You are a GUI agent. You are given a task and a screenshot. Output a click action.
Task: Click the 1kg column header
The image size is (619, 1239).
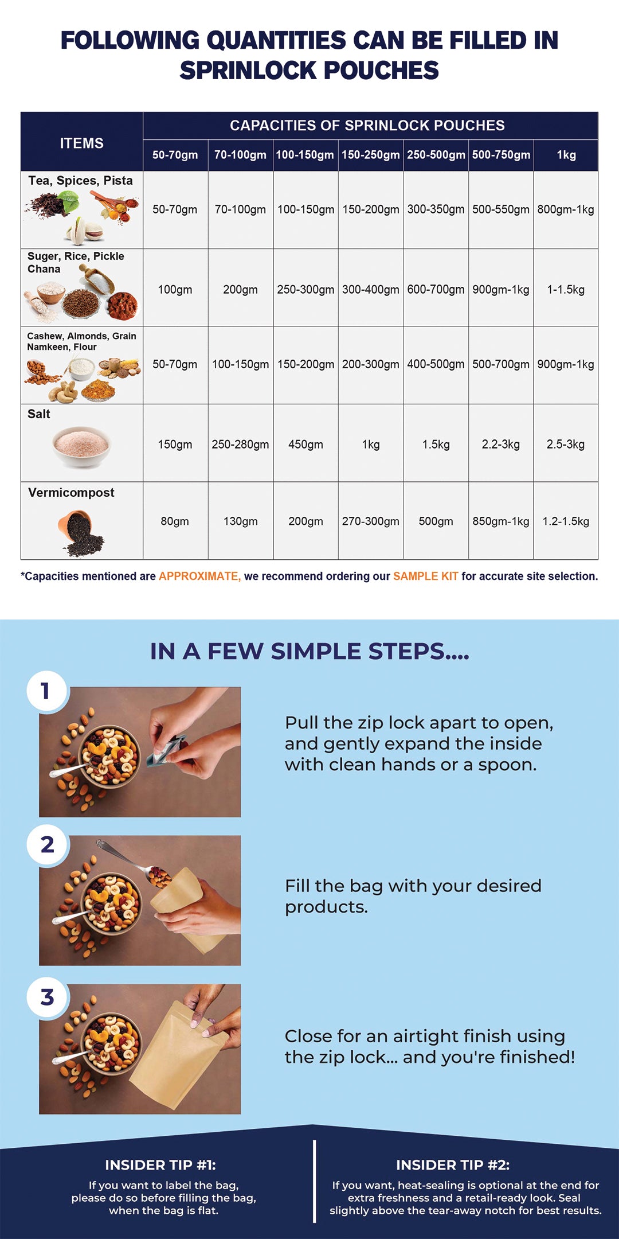point(566,155)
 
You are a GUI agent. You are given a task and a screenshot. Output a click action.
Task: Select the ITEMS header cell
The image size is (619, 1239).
point(81,143)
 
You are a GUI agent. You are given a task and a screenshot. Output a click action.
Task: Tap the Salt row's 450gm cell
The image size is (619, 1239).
point(305,445)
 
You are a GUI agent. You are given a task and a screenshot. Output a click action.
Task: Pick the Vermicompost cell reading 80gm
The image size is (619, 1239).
point(175,521)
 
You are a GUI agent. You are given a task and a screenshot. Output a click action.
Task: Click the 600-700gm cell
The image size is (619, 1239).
point(436,290)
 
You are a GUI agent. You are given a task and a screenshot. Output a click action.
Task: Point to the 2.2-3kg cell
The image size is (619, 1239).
point(500,445)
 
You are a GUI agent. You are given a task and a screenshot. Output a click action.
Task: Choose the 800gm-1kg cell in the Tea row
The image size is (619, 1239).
point(565,209)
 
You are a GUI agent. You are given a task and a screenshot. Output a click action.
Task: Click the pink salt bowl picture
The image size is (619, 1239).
point(81,446)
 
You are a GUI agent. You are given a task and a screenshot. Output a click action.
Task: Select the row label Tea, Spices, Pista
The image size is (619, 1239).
point(80,181)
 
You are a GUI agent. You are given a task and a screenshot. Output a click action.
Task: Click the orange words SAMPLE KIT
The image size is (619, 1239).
point(425,576)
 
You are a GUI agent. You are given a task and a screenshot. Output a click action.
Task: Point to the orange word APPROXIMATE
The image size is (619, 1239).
point(199,576)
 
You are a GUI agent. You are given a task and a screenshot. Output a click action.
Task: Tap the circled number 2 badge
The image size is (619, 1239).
point(48,844)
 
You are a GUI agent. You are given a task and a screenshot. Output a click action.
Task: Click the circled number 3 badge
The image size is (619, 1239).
point(48,998)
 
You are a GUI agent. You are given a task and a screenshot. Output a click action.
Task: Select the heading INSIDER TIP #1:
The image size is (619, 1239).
point(160,1165)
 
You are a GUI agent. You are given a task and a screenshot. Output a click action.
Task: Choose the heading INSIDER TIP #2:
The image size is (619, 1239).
point(453,1165)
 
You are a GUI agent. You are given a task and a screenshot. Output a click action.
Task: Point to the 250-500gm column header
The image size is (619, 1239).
point(436,155)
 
